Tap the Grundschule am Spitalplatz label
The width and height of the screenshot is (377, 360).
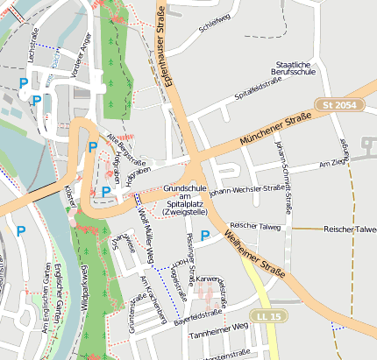184,200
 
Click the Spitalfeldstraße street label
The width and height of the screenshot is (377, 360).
258,88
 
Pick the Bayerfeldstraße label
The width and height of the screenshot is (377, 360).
198,313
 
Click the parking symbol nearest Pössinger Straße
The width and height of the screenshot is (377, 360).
205,235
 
